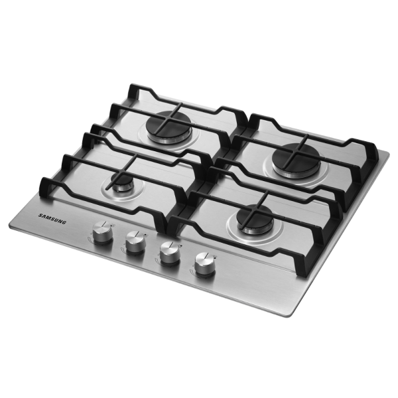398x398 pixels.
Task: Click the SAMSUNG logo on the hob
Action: click(52, 219)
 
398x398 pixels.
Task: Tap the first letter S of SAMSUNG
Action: click(40, 216)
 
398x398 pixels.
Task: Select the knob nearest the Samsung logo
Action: click(103, 232)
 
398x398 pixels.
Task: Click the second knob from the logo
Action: click(136, 242)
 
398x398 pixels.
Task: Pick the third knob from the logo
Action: click(170, 253)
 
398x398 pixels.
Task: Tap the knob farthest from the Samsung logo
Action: click(205, 264)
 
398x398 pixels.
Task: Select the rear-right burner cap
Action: click(296, 157)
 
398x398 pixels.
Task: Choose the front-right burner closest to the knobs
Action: click(255, 219)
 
